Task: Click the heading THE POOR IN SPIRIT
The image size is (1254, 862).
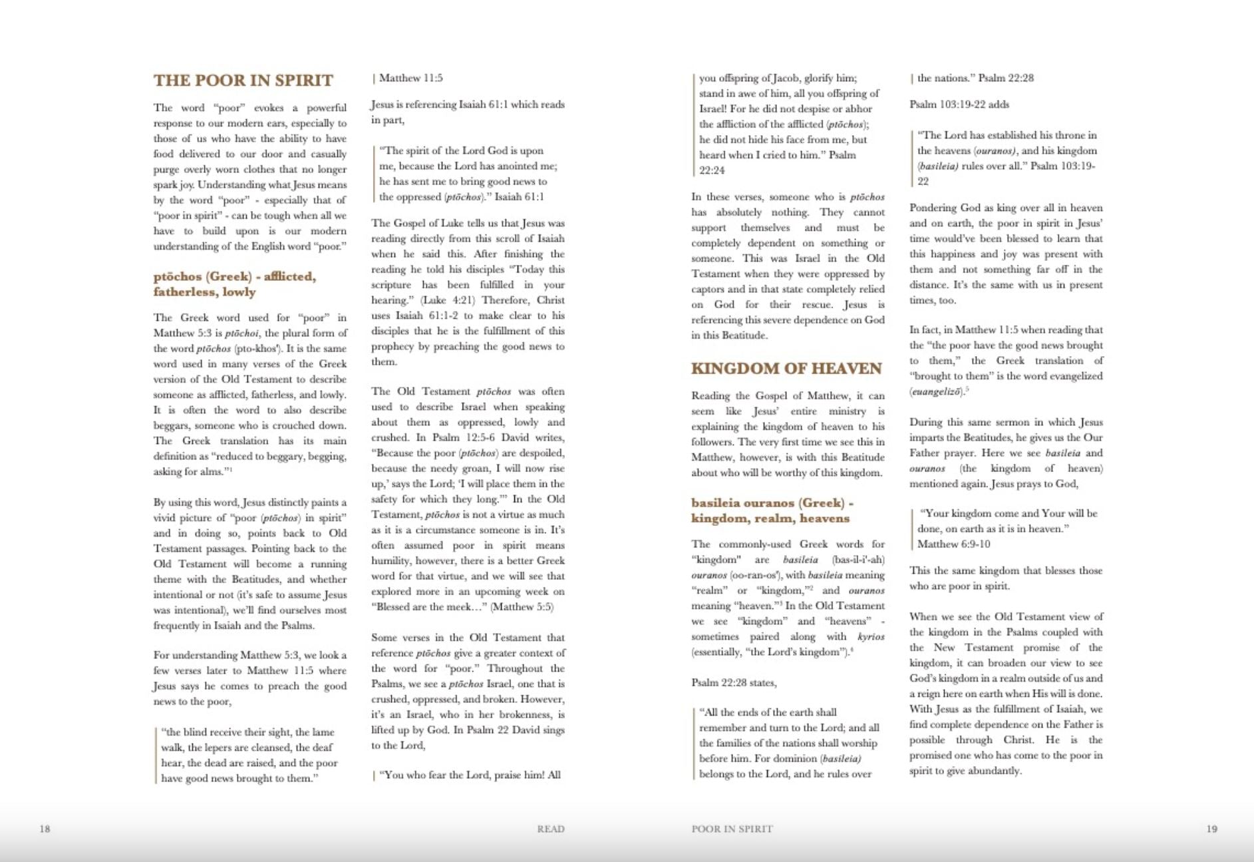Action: [243, 81]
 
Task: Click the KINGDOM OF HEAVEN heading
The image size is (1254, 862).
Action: [786, 368]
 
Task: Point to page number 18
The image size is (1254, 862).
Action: [45, 829]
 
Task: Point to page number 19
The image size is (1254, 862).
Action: [1211, 829]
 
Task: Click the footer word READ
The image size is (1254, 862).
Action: [551, 829]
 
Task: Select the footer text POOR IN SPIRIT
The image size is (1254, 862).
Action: [732, 829]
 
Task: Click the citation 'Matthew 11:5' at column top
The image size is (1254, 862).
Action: [410, 78]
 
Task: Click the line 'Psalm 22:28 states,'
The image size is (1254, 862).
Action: [734, 682]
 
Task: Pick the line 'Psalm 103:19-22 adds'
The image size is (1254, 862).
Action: [959, 105]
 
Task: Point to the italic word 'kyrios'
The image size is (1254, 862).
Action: [871, 636]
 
